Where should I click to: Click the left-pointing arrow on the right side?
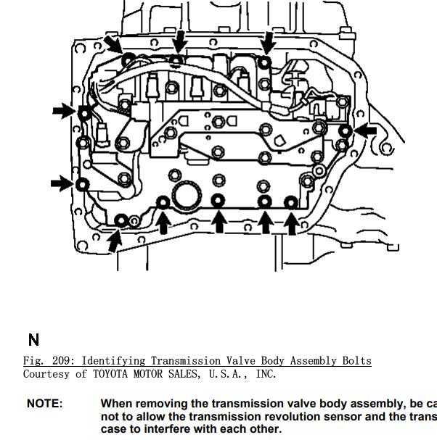[x=367, y=130]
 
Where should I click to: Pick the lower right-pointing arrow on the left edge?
[x=62, y=183]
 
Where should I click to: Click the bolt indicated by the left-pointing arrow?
[x=346, y=131]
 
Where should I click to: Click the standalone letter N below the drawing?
[x=33, y=339]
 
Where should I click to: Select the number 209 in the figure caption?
[x=62, y=360]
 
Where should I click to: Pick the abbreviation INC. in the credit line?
[x=266, y=374]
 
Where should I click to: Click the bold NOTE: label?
[x=44, y=403]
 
